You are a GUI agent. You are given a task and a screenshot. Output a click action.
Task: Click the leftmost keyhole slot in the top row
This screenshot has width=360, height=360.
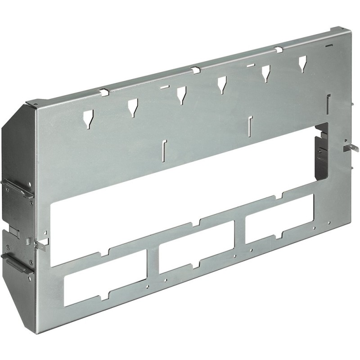point(87,117)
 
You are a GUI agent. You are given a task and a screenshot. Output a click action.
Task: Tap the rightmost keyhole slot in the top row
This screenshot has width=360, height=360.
point(302,63)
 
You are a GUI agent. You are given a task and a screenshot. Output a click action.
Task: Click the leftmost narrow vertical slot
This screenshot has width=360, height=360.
point(163,149)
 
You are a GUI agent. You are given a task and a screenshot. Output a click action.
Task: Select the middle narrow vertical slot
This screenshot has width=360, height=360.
point(250,125)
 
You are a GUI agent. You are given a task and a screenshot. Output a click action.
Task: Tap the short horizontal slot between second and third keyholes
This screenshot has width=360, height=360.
point(164,86)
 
